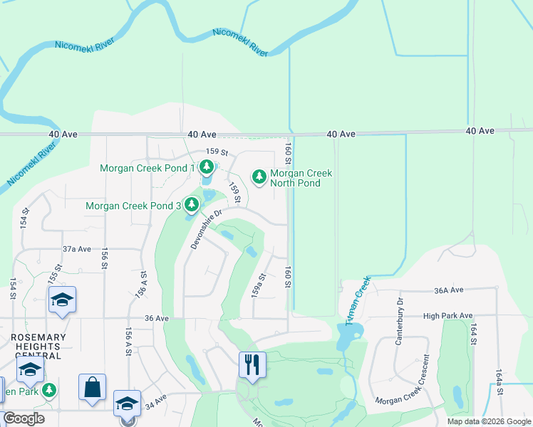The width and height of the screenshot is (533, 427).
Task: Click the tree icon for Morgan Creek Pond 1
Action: [x=206, y=168]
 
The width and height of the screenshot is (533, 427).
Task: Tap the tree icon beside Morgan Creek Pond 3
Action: [x=191, y=206]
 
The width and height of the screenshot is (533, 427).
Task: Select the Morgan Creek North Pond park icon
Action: [x=259, y=175]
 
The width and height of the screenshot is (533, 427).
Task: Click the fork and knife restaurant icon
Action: [x=252, y=365]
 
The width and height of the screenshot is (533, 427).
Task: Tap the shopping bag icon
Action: [x=92, y=387]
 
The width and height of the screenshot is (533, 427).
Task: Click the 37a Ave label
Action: [x=77, y=249]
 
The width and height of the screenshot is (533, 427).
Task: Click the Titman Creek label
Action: [x=358, y=301]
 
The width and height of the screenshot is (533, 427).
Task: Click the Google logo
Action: [x=24, y=418]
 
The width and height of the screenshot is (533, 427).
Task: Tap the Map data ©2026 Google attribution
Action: [x=488, y=421]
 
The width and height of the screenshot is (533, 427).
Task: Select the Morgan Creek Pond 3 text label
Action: [x=133, y=206]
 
